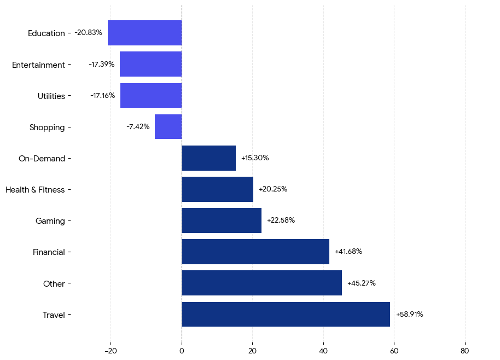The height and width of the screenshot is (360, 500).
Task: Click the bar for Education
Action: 144,33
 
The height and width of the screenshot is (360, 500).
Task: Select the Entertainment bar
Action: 150,64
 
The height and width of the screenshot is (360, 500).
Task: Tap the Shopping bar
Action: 168,127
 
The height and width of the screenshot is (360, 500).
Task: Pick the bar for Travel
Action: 286,315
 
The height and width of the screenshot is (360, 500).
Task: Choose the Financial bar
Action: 255,252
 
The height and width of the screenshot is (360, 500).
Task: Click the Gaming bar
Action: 222,220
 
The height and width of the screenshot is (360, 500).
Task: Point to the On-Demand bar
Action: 208,158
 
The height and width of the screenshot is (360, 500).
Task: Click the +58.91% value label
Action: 409,315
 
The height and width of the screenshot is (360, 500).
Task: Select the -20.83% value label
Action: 88,33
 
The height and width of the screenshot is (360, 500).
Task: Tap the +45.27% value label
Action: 361,283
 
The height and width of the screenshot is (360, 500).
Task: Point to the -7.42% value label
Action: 138,127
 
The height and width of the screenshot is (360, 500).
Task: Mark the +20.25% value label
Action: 272,189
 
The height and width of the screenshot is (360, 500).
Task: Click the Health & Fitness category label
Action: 35,190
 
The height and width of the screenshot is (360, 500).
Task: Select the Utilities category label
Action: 51,96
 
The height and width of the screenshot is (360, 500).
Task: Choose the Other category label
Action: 54,284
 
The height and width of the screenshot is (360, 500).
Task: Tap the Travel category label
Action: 54,315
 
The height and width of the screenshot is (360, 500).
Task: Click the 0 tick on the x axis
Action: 182,351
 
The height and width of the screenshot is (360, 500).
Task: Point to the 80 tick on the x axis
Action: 465,351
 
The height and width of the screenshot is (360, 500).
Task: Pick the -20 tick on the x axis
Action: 111,351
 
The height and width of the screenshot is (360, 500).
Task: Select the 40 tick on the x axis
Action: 323,351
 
